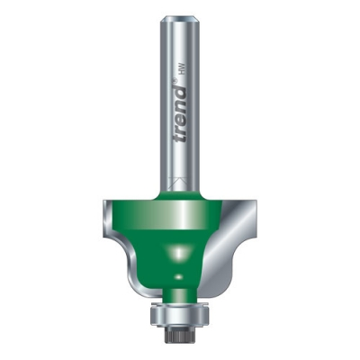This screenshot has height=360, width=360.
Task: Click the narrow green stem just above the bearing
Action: [179, 297]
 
